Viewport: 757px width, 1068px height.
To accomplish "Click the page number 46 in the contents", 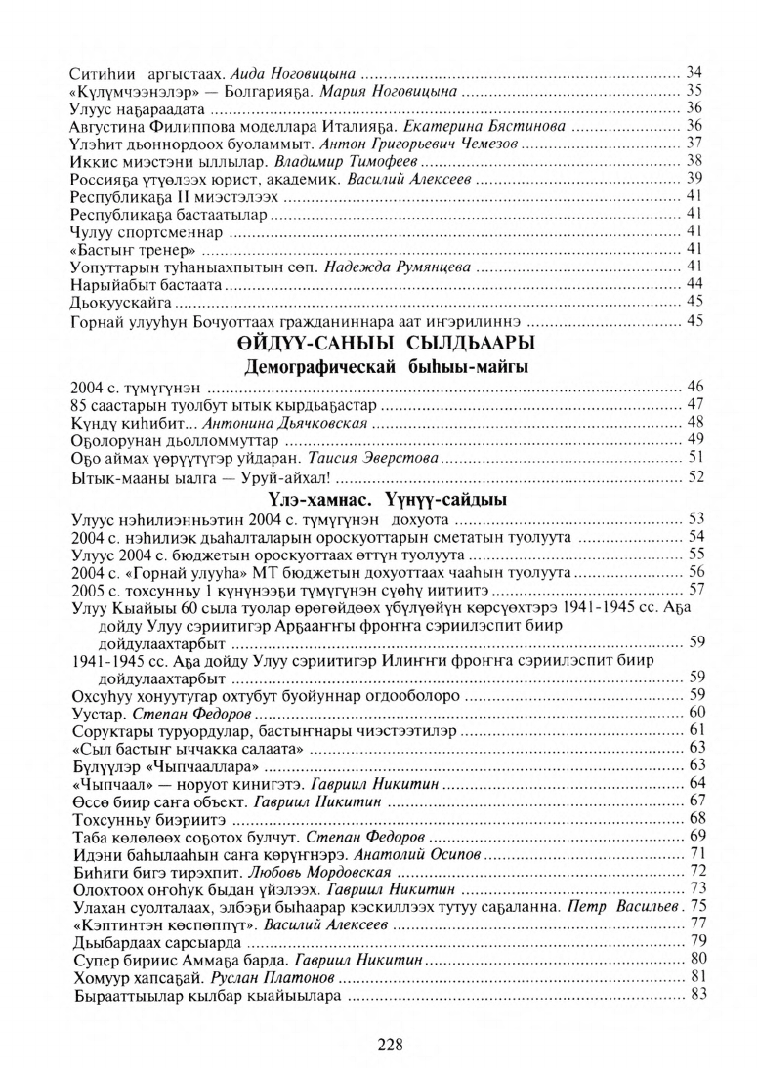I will click(x=695, y=390).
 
